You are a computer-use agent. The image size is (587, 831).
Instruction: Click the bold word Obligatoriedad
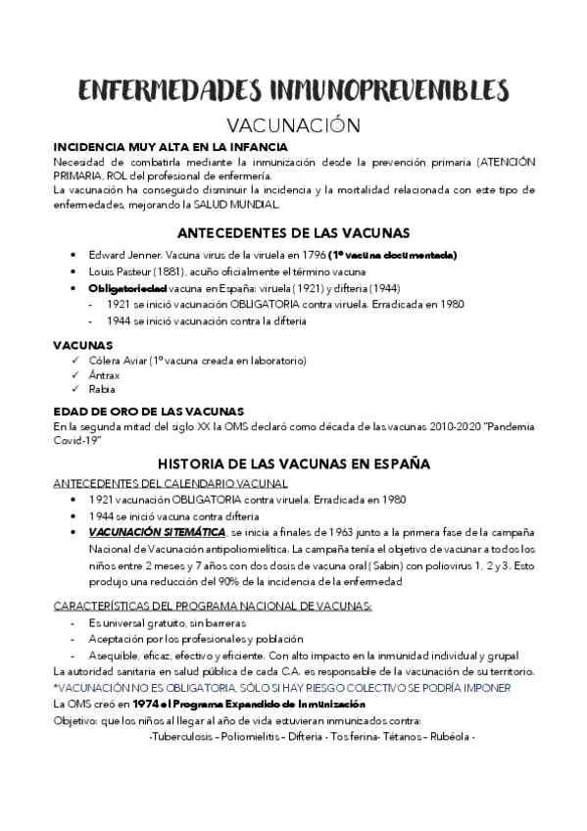(127, 288)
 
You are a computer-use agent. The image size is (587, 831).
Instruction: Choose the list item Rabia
(103, 389)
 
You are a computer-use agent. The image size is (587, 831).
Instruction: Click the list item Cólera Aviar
(118, 361)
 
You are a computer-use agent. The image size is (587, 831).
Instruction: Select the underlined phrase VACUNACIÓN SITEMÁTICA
(156, 532)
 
